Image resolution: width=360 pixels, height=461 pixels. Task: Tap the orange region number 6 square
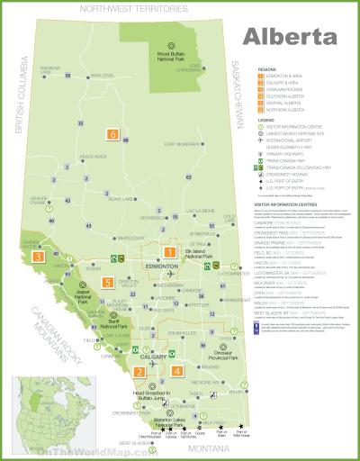[x=112, y=135]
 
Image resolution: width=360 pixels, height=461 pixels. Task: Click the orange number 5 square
[x=107, y=282]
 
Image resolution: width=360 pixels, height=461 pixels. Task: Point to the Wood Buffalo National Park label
[x=167, y=59]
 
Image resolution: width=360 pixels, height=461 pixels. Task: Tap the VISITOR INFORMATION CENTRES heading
[x=285, y=204]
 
